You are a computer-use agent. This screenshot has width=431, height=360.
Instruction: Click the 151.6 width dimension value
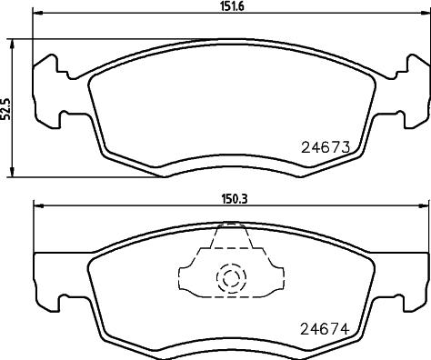232,6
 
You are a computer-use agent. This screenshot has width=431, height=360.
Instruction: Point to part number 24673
326,147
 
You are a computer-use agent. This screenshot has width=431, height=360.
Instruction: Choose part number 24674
325,329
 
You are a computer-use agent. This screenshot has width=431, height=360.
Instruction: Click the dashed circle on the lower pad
231,277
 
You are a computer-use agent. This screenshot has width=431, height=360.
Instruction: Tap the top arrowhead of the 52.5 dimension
12,44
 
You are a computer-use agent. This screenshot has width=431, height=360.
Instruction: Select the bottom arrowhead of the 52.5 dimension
12,172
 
